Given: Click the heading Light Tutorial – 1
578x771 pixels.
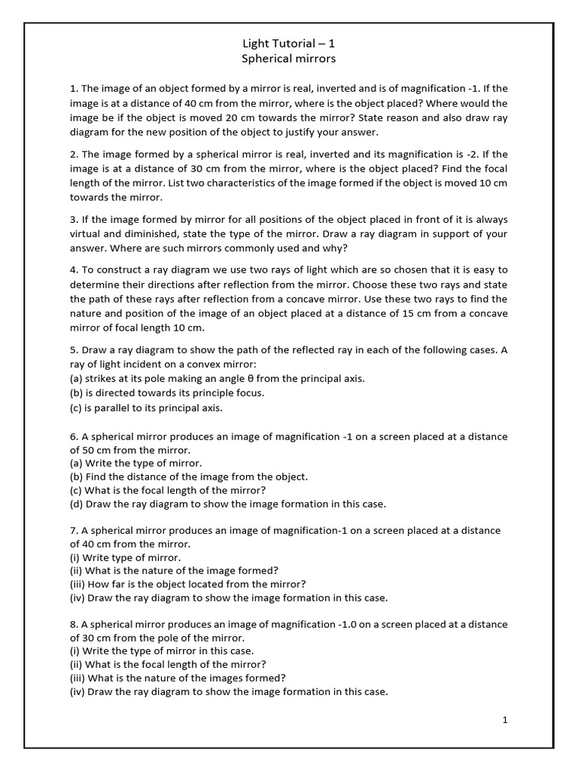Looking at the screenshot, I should (289, 44).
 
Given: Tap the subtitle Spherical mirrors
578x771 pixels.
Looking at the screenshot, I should (289, 58).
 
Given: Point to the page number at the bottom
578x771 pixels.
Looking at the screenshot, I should (505, 721).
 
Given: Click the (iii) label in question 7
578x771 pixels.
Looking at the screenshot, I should (78, 584).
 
